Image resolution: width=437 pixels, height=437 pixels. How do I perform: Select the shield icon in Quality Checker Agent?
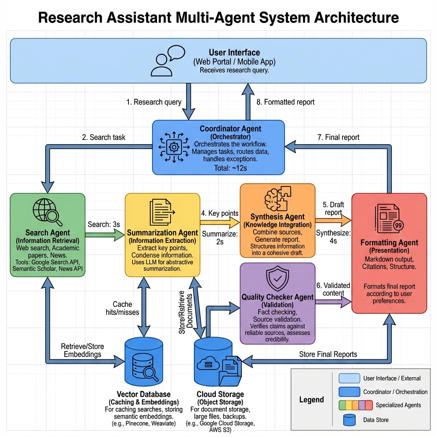pyautogui.click(x=277, y=279)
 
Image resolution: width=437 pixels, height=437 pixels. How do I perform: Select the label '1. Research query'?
pyautogui.click(x=154, y=102)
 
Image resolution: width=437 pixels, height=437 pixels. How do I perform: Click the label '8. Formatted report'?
pyautogui.click(x=286, y=102)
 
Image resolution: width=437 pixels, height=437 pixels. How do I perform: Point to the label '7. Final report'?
pyautogui.click(x=338, y=137)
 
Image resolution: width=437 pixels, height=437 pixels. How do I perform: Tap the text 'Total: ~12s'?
pyautogui.click(x=218, y=168)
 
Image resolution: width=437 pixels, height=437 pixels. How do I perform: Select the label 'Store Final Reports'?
pyautogui.click(x=328, y=354)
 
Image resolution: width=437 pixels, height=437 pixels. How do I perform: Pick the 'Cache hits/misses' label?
pyautogui.click(x=122, y=308)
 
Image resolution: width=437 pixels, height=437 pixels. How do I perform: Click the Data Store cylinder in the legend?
pyautogui.click(x=349, y=420)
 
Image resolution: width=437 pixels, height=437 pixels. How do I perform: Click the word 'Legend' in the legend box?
pyautogui.click(x=312, y=400)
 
